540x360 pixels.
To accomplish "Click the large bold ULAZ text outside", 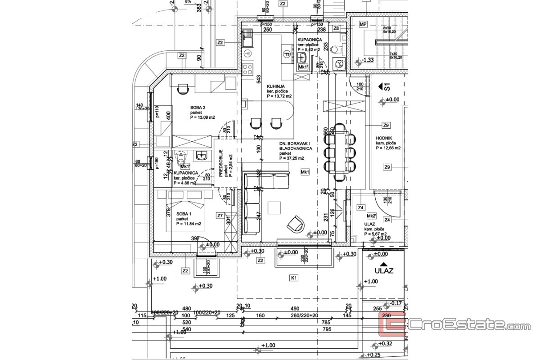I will pos(384,271).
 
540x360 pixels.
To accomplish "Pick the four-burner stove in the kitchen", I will pos(247,69).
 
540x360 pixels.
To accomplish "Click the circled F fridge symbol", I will pos(286,54).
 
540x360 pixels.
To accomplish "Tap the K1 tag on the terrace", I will pos(294,278).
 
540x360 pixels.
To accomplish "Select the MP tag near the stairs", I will pos(362,25).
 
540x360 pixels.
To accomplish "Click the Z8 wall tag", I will pos(336,28).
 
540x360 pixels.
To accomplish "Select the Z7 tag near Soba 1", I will pos(220,216).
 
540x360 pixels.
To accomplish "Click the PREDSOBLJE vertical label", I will pos(221,164).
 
